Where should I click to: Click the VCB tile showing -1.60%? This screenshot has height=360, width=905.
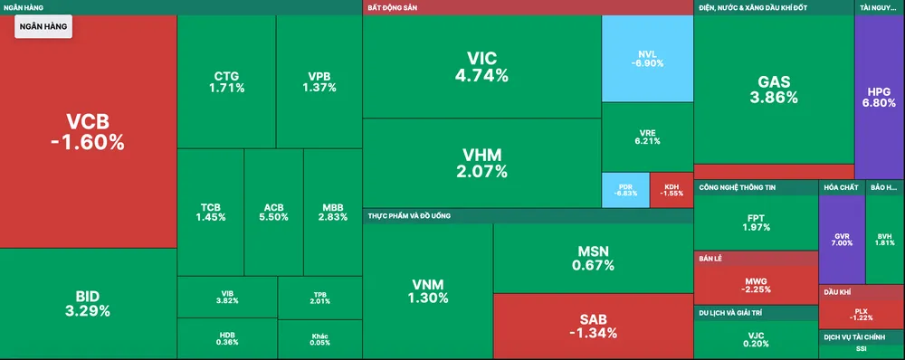pyautogui.click(x=88, y=132)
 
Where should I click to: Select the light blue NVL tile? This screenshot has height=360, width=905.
pyautogui.click(x=646, y=59)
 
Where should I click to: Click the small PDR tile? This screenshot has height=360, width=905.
pyautogui.click(x=625, y=189)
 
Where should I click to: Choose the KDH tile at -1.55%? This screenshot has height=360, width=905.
pyautogui.click(x=672, y=189)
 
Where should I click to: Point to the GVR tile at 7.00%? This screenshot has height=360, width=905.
pyautogui.click(x=841, y=239)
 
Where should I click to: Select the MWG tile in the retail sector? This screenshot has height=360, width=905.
pyautogui.click(x=755, y=284)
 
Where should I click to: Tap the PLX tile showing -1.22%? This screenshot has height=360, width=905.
pyautogui.click(x=862, y=313)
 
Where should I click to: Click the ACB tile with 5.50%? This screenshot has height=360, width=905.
pyautogui.click(x=273, y=212)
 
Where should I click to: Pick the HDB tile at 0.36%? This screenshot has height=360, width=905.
pyautogui.click(x=227, y=338)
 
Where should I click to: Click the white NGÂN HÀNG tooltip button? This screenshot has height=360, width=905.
pyautogui.click(x=43, y=28)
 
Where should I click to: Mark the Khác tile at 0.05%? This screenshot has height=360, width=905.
pyautogui.click(x=319, y=339)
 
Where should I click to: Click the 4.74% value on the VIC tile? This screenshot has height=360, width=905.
pyautogui.click(x=481, y=76)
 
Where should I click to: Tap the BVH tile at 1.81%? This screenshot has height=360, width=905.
pyautogui.click(x=884, y=239)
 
